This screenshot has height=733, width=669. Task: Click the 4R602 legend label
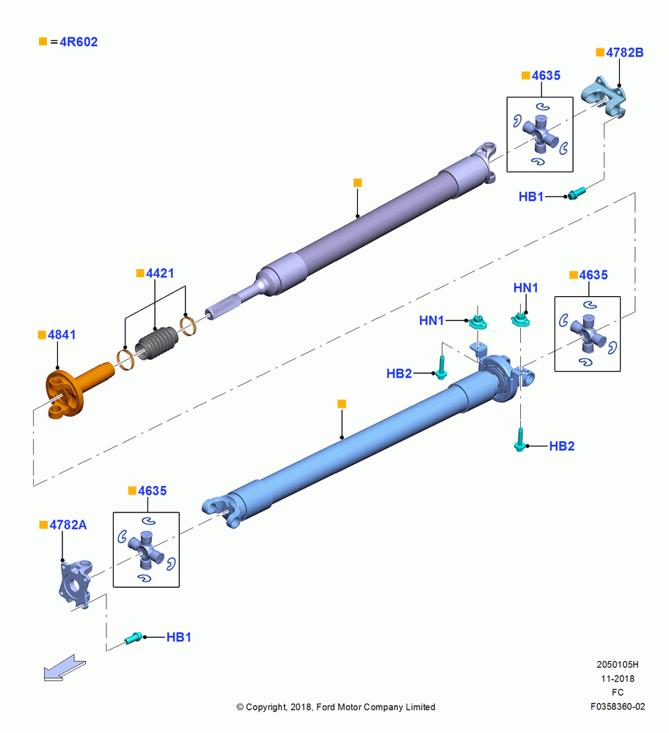pyautogui.click(x=78, y=42)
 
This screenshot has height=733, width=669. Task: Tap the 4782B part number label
pyautogui.click(x=624, y=53)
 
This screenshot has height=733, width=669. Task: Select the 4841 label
pyautogui.click(x=62, y=335)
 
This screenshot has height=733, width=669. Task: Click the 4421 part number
pyautogui.click(x=160, y=273)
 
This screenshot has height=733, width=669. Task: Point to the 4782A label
pyautogui.click(x=68, y=525)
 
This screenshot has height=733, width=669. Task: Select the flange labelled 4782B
pyautogui.click(x=604, y=97)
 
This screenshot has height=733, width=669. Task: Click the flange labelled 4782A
pyautogui.click(x=76, y=583)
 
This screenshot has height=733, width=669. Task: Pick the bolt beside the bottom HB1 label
pyautogui.click(x=134, y=638)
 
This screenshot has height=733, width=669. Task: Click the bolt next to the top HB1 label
pyautogui.click(x=577, y=193)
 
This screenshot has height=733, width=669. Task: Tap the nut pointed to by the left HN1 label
pyautogui.click(x=478, y=322)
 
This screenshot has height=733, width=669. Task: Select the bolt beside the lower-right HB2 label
pyautogui.click(x=520, y=441)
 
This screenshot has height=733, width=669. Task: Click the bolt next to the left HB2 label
pyautogui.click(x=441, y=367)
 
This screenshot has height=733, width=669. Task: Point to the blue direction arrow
pyautogui.click(x=65, y=668)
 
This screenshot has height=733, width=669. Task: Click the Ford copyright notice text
pyautogui.click(x=336, y=707)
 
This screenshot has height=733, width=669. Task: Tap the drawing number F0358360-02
pyautogui.click(x=618, y=707)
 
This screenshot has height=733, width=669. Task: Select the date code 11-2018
pyautogui.click(x=618, y=678)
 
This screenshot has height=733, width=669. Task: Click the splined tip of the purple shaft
pyautogui.click(x=222, y=309)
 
